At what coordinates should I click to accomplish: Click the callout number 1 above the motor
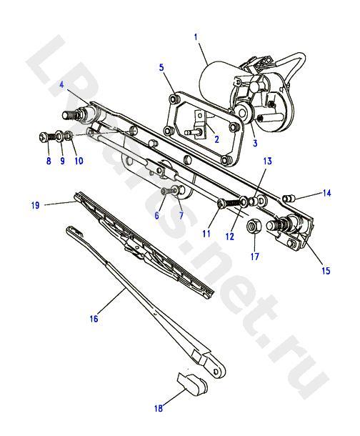click(x=196, y=37)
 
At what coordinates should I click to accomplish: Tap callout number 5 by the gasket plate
click(x=161, y=68)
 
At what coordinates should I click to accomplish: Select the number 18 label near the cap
click(x=159, y=408)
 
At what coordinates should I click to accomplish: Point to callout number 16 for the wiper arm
click(x=94, y=318)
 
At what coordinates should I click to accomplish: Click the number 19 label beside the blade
click(x=35, y=205)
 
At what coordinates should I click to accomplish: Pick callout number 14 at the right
click(x=326, y=193)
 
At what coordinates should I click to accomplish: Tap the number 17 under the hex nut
click(x=255, y=257)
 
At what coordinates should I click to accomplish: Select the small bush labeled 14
click(x=288, y=199)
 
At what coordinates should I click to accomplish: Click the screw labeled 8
click(x=47, y=137)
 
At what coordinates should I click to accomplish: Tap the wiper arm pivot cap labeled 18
click(x=192, y=384)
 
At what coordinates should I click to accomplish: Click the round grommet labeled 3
click(x=244, y=113)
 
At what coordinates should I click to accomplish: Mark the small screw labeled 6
click(x=166, y=191)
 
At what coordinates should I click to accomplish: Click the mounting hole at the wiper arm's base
click(x=216, y=372)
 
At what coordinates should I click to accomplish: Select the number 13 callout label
click(x=267, y=162)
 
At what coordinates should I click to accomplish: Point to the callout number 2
click(x=216, y=139)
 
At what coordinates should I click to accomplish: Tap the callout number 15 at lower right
click(x=326, y=271)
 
